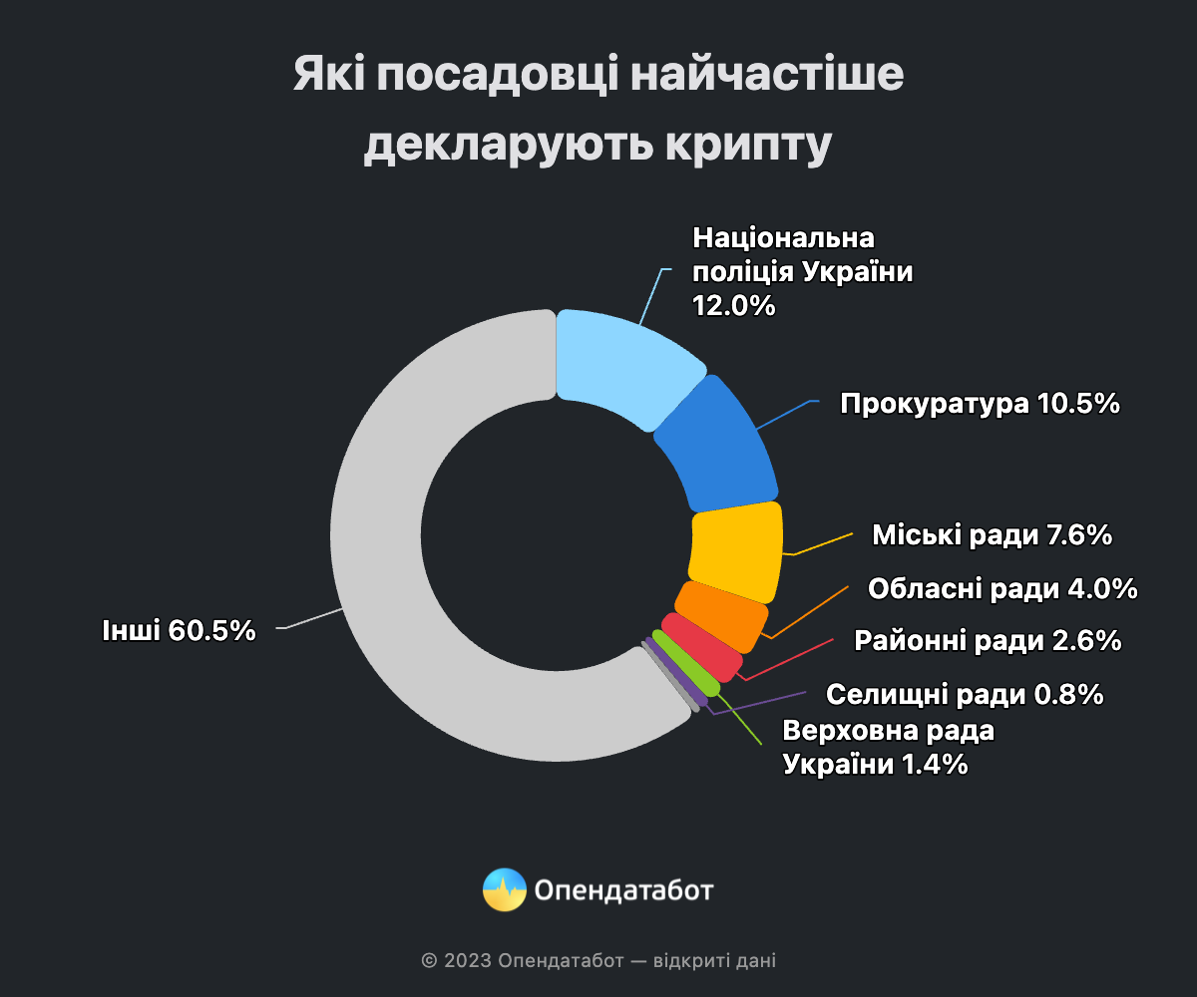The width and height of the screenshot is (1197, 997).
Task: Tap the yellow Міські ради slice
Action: (736, 550)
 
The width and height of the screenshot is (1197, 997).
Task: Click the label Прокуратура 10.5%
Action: (980, 404)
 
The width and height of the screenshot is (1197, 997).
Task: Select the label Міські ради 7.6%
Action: (992, 535)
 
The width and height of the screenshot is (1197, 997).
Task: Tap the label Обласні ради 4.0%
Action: (1002, 588)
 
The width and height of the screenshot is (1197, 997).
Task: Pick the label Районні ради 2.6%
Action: (988, 640)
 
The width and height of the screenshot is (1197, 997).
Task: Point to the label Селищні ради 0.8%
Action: (965, 693)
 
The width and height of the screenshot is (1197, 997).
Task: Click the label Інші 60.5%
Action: (179, 630)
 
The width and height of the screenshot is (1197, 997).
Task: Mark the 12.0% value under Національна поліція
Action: (733, 305)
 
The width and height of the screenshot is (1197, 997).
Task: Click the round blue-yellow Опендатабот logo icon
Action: (505, 889)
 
